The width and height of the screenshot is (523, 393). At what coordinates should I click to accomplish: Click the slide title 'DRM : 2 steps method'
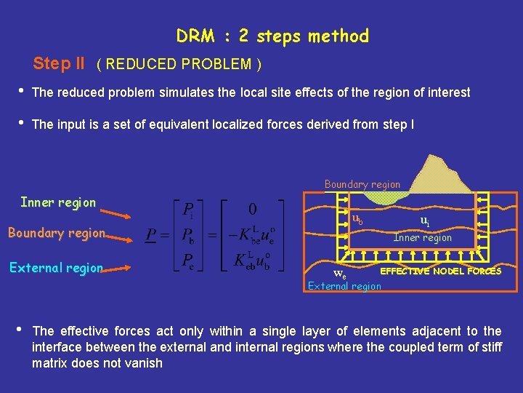click(272, 36)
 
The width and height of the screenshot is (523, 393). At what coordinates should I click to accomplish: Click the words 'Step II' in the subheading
click(59, 63)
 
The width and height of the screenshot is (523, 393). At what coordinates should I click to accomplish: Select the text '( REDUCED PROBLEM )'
click(179, 64)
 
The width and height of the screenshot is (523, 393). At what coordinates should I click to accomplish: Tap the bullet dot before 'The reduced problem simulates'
click(21, 91)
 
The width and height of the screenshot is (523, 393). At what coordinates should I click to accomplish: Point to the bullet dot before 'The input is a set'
click(21, 123)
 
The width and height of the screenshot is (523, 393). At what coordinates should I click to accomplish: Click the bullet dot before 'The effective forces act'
click(21, 330)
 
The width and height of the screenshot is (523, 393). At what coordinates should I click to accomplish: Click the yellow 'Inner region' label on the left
click(58, 202)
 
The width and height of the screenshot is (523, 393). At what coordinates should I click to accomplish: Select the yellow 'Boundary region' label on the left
click(57, 233)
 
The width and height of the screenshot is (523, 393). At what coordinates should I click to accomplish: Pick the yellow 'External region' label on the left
click(56, 267)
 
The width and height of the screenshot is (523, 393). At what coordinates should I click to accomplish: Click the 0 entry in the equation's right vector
click(252, 209)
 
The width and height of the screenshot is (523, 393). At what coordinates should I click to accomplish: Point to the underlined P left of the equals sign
click(151, 234)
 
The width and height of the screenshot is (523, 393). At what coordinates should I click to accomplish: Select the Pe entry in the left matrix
click(187, 260)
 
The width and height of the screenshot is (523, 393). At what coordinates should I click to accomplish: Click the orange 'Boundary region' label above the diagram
click(362, 184)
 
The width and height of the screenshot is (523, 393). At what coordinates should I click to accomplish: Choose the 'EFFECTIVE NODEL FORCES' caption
click(441, 271)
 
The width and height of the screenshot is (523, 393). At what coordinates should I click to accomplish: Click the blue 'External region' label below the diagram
click(344, 286)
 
